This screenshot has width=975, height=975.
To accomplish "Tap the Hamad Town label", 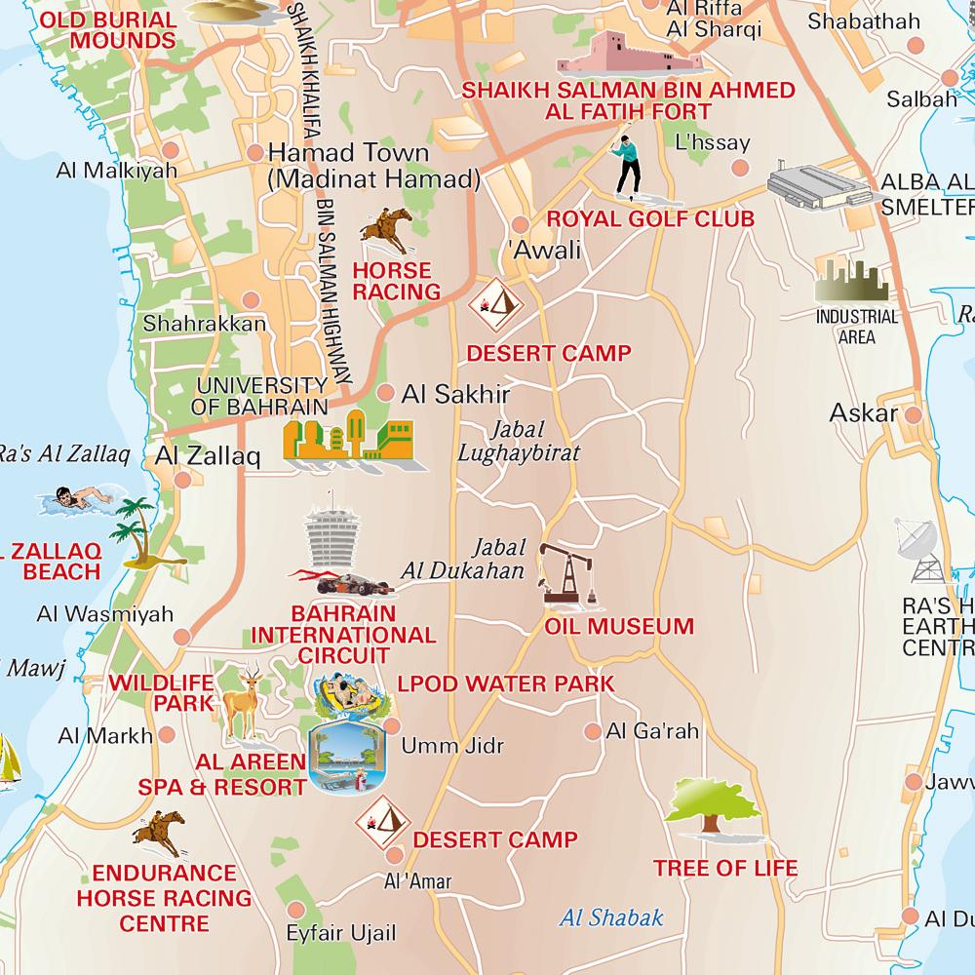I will pyautogui.click(x=348, y=153).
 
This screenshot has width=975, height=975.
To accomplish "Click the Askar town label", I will pyautogui.click(x=863, y=413).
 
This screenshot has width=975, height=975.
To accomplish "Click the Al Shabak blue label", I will pyautogui.click(x=611, y=916).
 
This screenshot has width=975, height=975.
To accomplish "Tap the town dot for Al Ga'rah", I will pyautogui.click(x=592, y=730).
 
